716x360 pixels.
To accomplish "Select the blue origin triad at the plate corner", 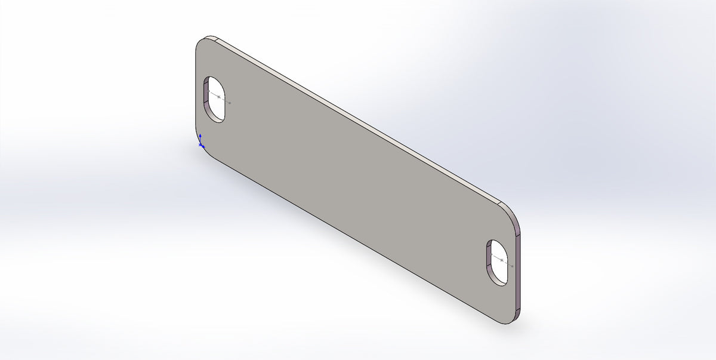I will click(x=201, y=144).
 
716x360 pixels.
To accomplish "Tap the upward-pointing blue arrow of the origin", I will click(x=200, y=136).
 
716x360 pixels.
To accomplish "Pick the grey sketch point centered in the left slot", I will click(x=219, y=96).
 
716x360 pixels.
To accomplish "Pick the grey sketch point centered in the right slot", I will click(x=502, y=260).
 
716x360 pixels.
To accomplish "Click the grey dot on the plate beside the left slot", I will click(x=230, y=103).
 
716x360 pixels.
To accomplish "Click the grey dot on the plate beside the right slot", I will click(x=512, y=265).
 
